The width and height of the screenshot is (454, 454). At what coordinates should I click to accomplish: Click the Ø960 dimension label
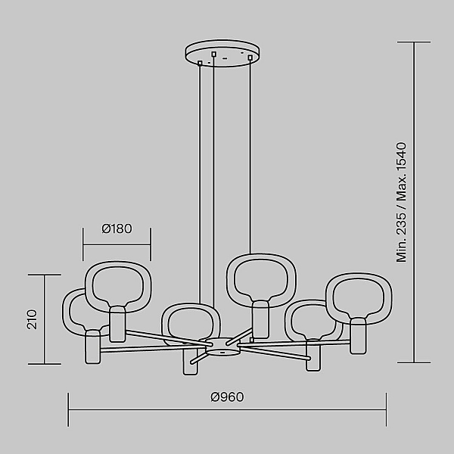click(227, 397)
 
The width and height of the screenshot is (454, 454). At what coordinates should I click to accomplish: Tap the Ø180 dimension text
click(117, 229)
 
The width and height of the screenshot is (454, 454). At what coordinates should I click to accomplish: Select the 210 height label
click(32, 319)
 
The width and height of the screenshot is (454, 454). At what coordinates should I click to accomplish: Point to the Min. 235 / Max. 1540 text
click(401, 202)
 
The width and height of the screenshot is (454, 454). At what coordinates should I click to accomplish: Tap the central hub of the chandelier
click(223, 347)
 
